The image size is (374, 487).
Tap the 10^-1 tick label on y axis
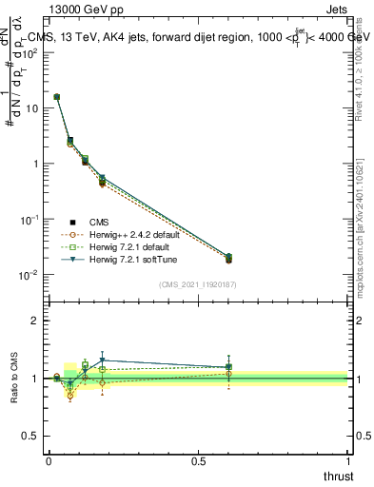point(32,220)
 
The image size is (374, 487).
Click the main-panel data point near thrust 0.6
point(228,259)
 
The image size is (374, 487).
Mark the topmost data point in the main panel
point(57,97)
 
